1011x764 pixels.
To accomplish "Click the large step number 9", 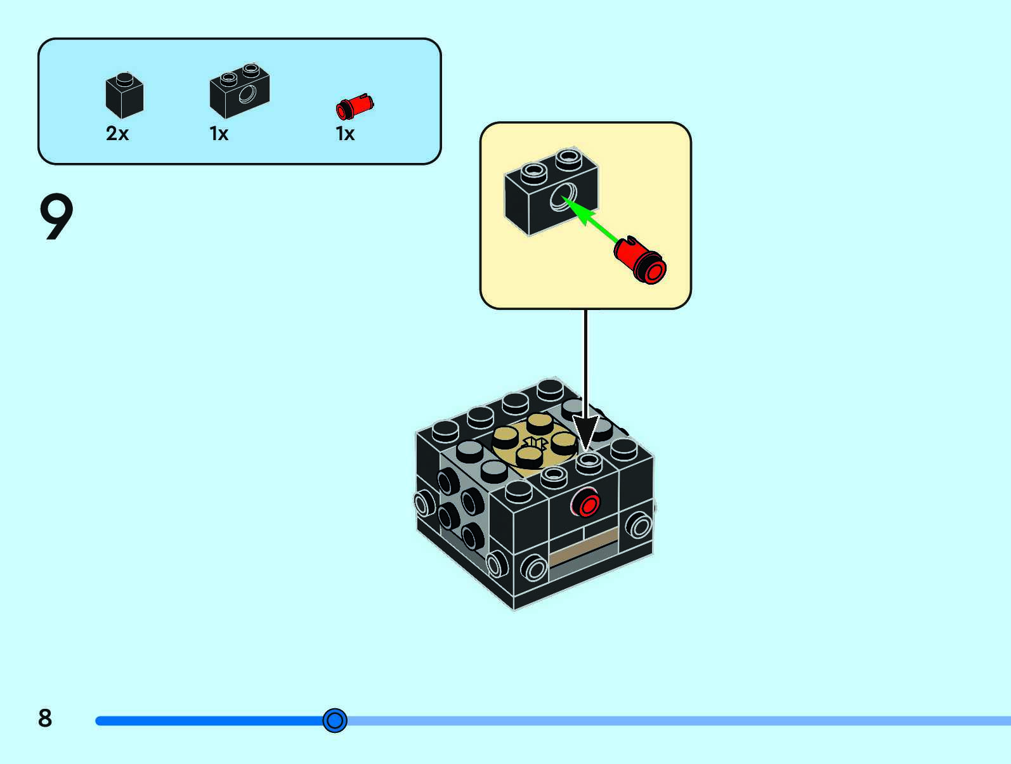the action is point(56,216).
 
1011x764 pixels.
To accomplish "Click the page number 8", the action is point(45,718).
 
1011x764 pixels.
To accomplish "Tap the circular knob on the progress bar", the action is point(335,720).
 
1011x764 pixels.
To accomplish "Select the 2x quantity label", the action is point(117,134).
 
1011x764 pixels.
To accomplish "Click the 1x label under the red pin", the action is point(345,134).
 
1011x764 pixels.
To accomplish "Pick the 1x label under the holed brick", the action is point(219,134).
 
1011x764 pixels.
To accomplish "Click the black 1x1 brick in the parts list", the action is point(124,95).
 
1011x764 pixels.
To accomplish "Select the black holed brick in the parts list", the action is point(240,91).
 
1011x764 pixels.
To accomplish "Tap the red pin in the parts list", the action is point(355,107).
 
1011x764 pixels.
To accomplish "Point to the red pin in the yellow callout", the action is point(640,259).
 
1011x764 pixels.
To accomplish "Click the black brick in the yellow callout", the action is point(551,191).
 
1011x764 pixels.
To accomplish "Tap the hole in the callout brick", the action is point(563,197).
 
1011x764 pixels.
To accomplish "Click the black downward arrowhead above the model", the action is point(585,432).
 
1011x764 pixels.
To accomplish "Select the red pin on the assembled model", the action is point(586,503).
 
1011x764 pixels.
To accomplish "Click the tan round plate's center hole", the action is point(535,443).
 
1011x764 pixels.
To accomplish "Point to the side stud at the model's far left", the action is point(424,503).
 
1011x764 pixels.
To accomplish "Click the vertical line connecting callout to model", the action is point(585,363).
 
